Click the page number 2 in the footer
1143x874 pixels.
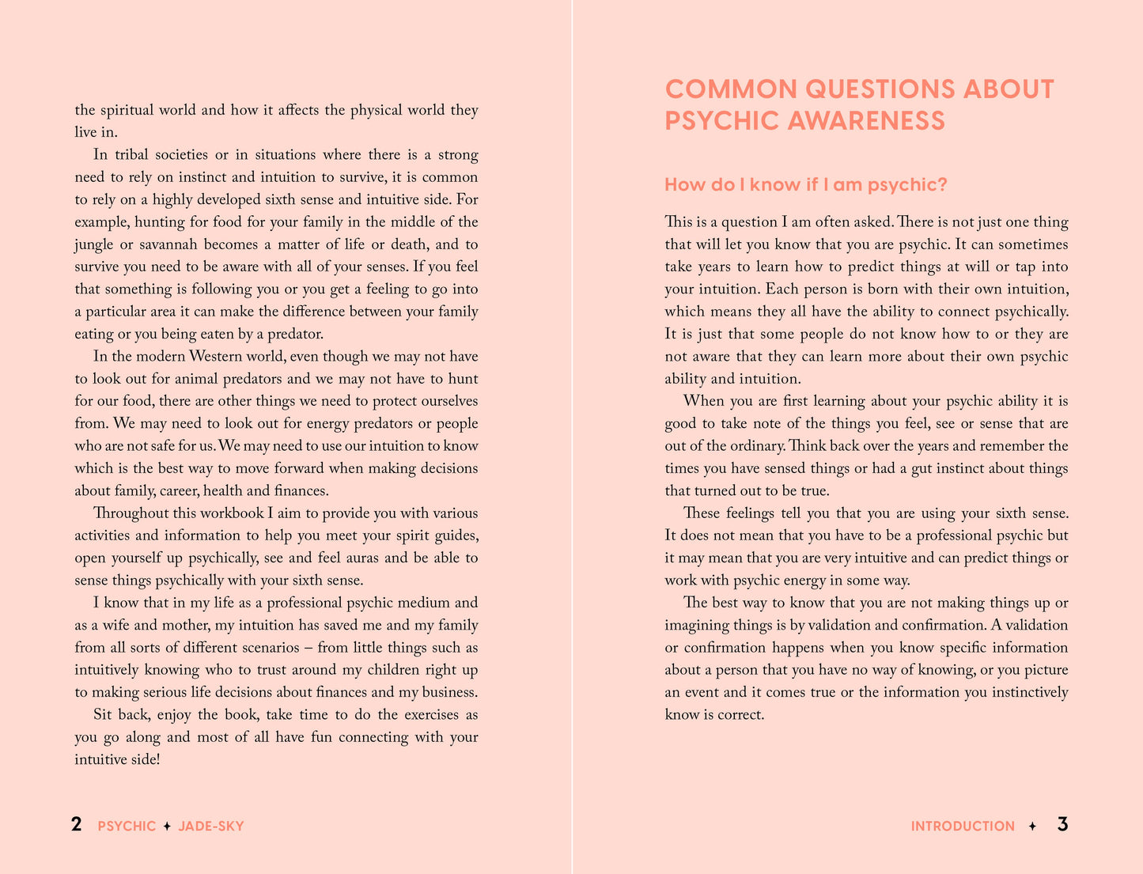(77, 825)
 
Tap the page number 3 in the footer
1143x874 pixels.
(1062, 825)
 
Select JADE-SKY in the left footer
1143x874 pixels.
(211, 827)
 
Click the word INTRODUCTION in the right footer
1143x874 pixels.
(963, 827)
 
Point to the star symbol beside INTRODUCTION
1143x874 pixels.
(1032, 827)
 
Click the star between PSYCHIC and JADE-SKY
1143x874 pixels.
(167, 827)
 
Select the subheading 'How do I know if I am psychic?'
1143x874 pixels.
(806, 185)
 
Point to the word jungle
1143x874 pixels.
(94, 244)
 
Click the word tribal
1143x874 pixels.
(138, 155)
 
